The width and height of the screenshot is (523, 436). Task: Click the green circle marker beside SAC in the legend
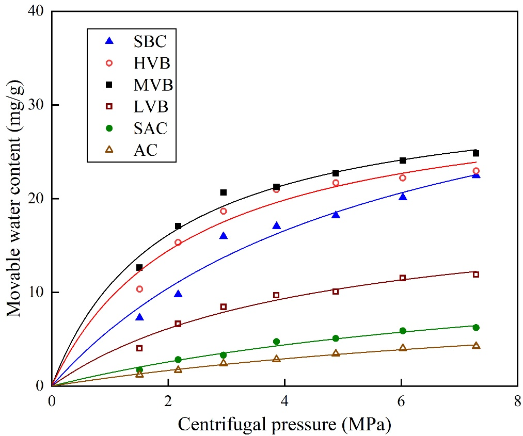(108, 128)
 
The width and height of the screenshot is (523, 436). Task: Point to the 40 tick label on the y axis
(36, 11)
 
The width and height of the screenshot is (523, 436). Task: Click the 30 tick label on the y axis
(36, 105)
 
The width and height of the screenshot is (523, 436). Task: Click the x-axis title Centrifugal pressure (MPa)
(284, 424)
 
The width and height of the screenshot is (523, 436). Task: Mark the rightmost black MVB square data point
(476, 153)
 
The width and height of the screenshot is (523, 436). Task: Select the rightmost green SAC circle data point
(476, 327)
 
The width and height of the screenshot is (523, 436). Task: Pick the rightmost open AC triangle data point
(476, 345)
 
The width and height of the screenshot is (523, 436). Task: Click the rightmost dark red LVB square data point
(476, 274)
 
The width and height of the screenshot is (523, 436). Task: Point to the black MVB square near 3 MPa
(224, 192)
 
